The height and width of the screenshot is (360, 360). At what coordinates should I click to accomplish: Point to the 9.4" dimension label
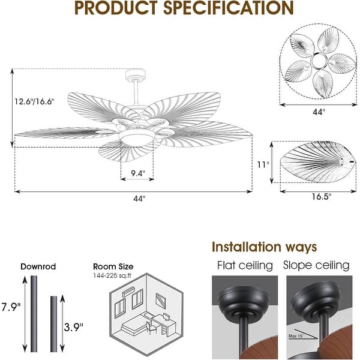(x=137, y=174)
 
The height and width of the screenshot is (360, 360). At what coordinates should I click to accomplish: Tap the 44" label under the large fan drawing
(x=140, y=199)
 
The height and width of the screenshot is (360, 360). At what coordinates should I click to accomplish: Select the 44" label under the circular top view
(x=319, y=112)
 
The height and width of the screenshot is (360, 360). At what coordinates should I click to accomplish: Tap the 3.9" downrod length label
(x=74, y=326)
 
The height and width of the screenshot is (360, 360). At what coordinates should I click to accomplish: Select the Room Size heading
(x=113, y=266)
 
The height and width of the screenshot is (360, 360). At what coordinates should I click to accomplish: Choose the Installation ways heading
(x=265, y=247)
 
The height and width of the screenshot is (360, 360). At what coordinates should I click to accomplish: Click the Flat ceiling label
(x=244, y=265)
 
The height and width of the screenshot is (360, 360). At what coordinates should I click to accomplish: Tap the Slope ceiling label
(x=316, y=265)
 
